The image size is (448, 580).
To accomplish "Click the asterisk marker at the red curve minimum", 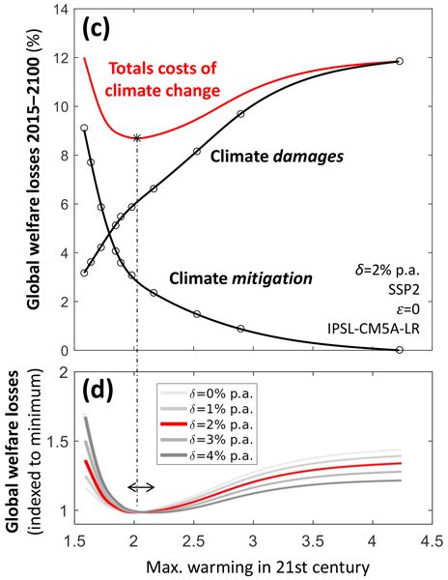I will pos(137,138).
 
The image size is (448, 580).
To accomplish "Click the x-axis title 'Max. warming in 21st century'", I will pos(250,563).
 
